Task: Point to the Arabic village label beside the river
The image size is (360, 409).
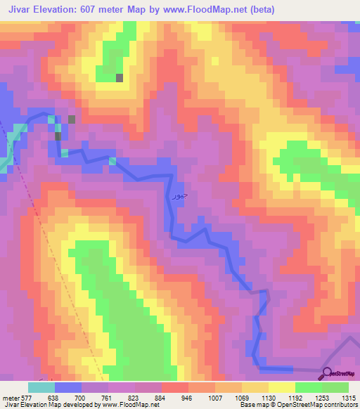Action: tap(180, 197)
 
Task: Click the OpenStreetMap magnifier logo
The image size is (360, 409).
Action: tap(328, 373)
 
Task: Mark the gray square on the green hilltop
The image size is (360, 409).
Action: tap(120, 78)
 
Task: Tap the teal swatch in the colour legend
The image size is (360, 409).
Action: tap(41, 387)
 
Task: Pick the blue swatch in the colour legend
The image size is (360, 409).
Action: tap(67, 387)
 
